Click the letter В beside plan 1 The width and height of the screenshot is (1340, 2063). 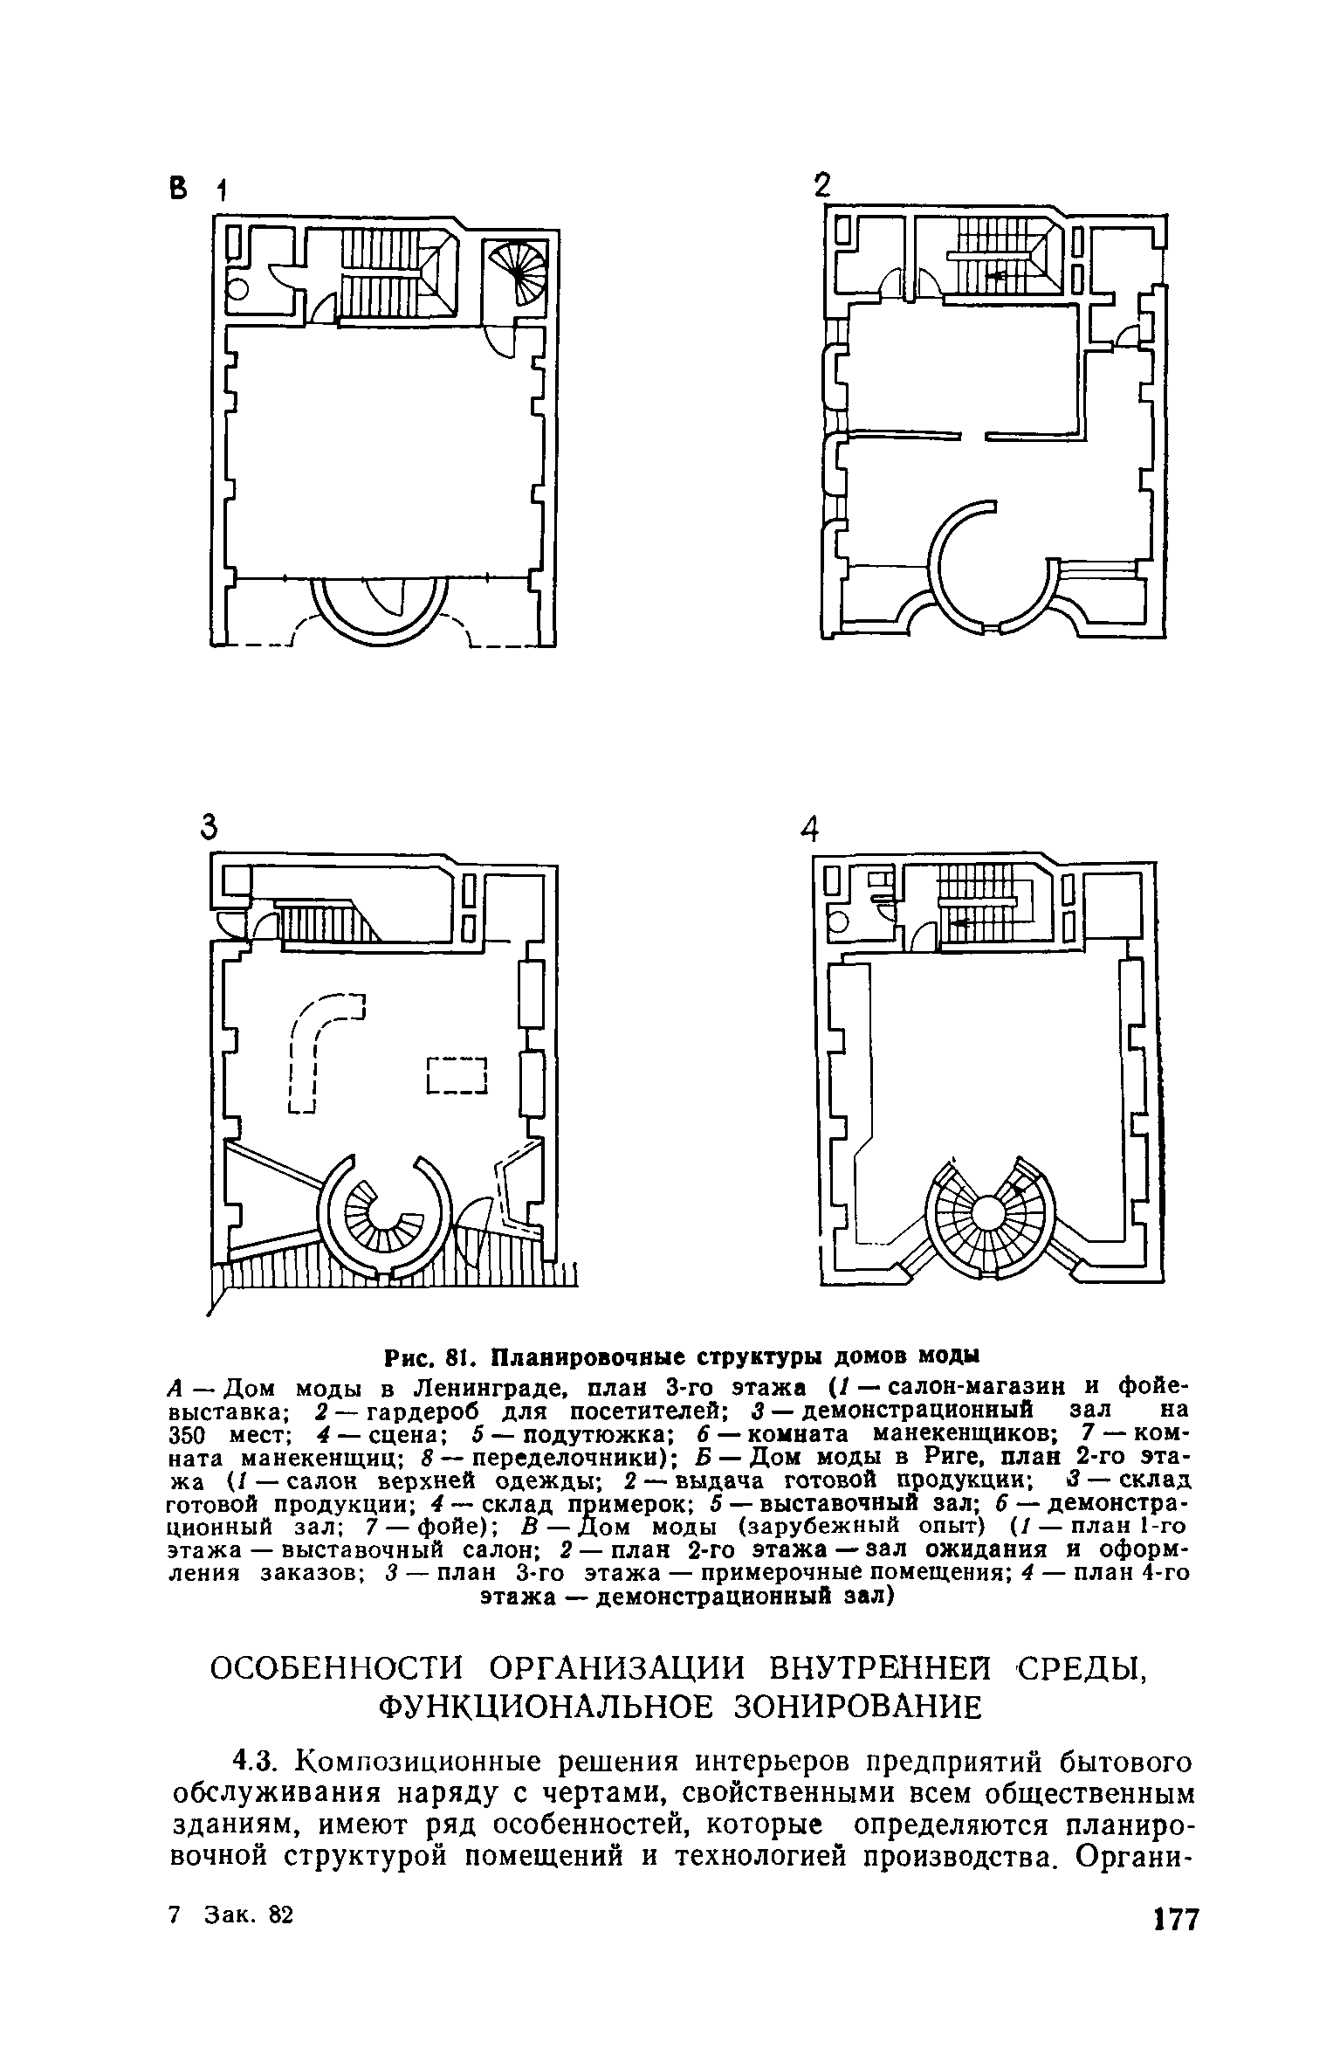coord(178,188)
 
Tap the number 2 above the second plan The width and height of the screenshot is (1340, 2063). coord(821,187)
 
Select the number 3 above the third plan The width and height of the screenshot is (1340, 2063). coord(208,825)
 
